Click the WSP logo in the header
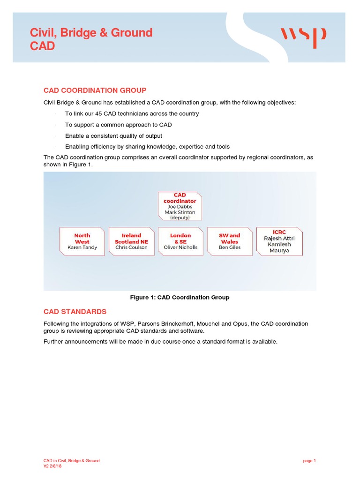click(303, 37)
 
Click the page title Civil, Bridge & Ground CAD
click(91, 39)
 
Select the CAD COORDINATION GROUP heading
click(95, 90)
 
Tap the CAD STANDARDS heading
click(75, 312)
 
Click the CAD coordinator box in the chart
click(180, 206)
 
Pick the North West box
click(82, 241)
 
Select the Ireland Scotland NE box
click(131, 241)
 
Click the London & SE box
click(180, 241)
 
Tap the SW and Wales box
click(230, 241)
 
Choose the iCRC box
click(279, 241)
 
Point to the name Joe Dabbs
click(180, 207)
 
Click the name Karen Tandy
click(82, 247)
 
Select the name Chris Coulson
click(131, 247)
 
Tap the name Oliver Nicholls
click(180, 247)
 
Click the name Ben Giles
click(230, 247)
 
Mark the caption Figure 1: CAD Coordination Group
click(180, 298)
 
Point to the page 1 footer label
click(309, 461)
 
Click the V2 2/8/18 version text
click(52, 466)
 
